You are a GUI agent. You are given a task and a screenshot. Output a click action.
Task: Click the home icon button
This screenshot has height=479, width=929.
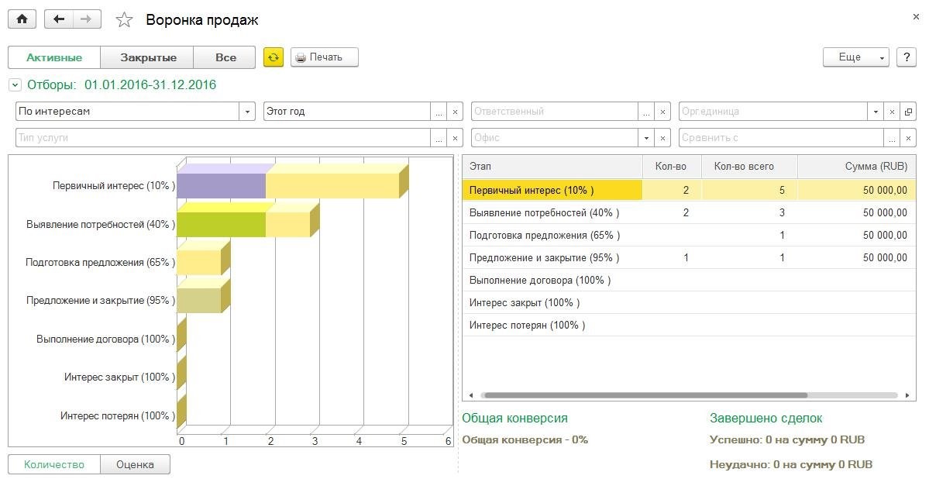[22, 19]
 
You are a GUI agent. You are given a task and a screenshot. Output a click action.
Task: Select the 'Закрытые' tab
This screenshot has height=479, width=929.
[148, 57]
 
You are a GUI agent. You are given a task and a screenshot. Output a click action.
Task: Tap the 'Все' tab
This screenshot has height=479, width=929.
[225, 57]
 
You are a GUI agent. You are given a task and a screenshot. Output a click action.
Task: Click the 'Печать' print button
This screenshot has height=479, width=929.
[325, 57]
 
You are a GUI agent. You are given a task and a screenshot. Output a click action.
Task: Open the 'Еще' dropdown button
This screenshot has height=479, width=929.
[855, 57]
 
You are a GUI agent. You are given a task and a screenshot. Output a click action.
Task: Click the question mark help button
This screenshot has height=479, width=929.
[907, 57]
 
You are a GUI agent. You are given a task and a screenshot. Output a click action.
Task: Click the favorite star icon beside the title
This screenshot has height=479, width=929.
[124, 20]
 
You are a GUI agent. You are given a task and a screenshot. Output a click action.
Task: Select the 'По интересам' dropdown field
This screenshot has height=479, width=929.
[129, 112]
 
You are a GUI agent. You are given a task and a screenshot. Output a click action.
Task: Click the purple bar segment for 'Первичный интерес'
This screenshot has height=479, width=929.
[221, 186]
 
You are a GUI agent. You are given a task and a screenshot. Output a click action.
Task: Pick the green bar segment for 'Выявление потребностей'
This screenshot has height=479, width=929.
[221, 224]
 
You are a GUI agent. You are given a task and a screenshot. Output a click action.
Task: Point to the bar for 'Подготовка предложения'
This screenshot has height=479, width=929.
[199, 262]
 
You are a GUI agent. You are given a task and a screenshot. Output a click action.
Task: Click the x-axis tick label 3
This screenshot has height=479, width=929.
[315, 441]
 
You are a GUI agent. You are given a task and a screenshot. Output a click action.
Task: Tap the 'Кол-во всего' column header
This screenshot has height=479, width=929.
[744, 166]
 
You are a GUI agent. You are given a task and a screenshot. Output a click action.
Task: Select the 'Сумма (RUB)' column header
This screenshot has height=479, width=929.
[876, 166]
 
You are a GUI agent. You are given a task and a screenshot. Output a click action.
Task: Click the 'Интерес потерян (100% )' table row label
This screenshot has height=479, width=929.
[527, 326]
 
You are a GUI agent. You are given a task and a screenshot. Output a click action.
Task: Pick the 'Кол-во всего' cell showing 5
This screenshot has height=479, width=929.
[782, 190]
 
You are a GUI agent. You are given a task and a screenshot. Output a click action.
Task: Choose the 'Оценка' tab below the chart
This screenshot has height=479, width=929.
[135, 465]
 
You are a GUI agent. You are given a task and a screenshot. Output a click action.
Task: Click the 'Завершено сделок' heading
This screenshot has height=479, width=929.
[766, 419]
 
